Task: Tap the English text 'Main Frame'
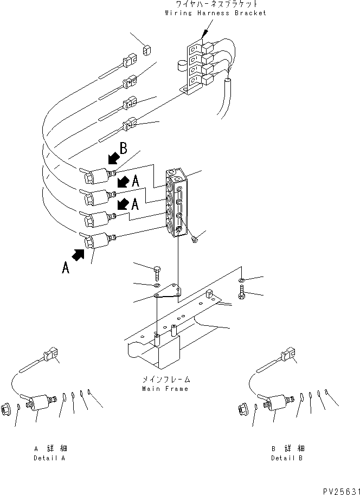tap(165, 389)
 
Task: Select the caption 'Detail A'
tap(49, 458)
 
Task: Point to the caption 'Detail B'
tap(287, 458)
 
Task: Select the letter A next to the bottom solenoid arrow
tap(65, 267)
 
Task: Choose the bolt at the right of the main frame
tap(241, 294)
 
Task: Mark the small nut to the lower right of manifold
tap(195, 239)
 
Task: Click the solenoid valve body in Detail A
tap(40, 403)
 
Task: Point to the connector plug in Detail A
tap(51, 356)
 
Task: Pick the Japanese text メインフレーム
tap(165, 380)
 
